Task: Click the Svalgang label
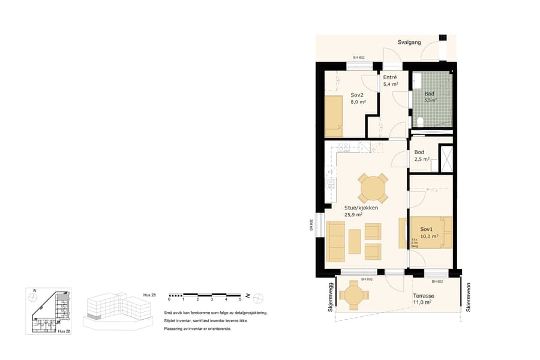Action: [410, 42]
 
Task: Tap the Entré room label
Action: [391, 77]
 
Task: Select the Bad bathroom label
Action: [429, 94]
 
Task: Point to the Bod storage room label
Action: [419, 152]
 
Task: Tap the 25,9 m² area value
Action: [353, 215]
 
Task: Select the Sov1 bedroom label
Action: [427, 230]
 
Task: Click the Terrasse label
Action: [423, 296]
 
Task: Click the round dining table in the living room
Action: [373, 188]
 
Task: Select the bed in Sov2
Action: [334, 116]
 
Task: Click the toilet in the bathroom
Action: [421, 122]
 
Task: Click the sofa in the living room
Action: [335, 241]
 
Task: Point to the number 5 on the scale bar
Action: [240, 299]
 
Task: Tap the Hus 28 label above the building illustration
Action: [149, 294]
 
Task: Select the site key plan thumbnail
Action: [48, 311]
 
